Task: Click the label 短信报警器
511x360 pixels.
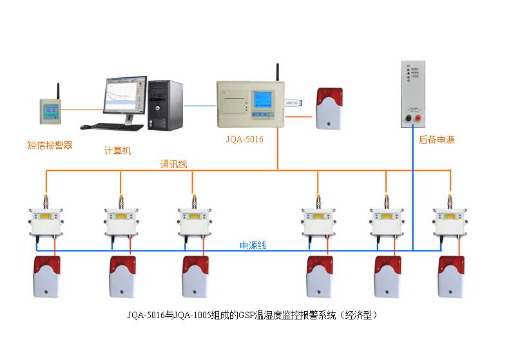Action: click(x=50, y=146)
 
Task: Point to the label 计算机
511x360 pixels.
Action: click(x=117, y=151)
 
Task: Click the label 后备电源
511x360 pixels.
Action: click(x=436, y=139)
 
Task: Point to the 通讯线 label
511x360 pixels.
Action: click(x=173, y=164)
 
